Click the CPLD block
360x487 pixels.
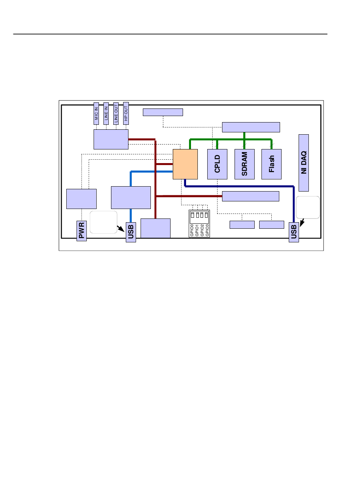coord(217,164)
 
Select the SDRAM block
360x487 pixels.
coord(244,164)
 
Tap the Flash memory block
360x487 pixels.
coord(271,164)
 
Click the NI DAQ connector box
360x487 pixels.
coord(304,163)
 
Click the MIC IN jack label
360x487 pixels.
coord(96,113)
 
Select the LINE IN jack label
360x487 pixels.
coord(106,113)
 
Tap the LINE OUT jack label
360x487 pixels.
coord(116,113)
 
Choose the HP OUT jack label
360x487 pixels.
coord(126,113)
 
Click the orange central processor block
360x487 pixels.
coord(185,164)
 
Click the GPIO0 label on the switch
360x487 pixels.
coord(192,230)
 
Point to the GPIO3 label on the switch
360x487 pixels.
coord(207,230)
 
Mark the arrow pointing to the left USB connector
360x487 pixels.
coord(121,229)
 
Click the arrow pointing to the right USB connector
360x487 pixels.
coord(302,222)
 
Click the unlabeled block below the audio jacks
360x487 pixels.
coord(111,139)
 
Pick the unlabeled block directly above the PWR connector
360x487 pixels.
coord(81,198)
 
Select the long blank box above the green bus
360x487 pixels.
coord(250,127)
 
